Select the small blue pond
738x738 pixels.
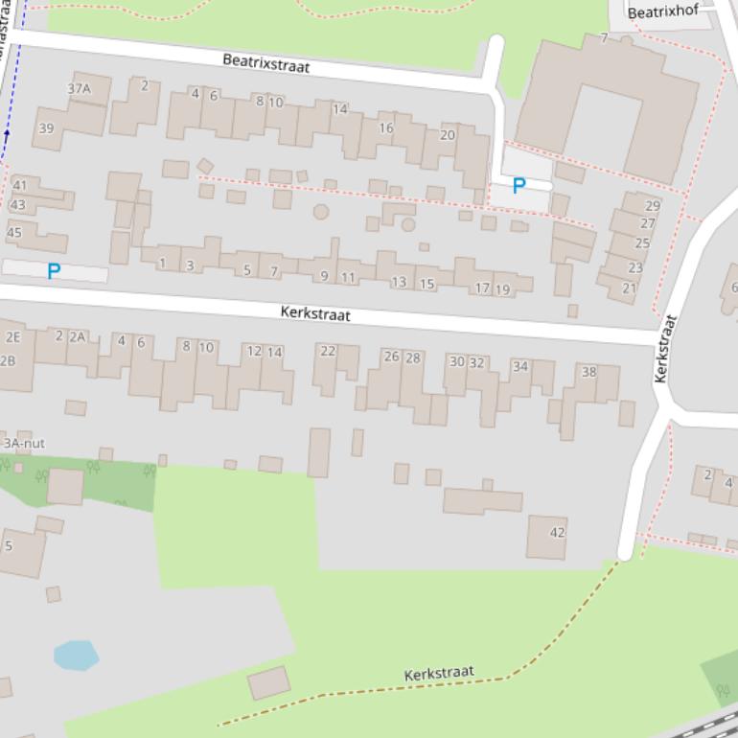76,656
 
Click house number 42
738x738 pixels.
557,533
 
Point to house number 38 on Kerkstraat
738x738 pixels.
588,372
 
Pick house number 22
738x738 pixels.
328,351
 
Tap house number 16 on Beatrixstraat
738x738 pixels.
385,127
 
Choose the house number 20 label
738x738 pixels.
447,135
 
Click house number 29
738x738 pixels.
653,205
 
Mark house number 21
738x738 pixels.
630,288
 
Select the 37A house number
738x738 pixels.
79,89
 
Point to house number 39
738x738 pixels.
46,128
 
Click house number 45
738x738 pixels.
13,232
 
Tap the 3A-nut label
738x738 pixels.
24,444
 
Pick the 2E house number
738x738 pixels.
12,337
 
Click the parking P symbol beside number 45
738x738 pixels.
54,271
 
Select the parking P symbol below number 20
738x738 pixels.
519,186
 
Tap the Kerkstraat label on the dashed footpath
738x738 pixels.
439,674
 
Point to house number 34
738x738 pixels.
519,366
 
